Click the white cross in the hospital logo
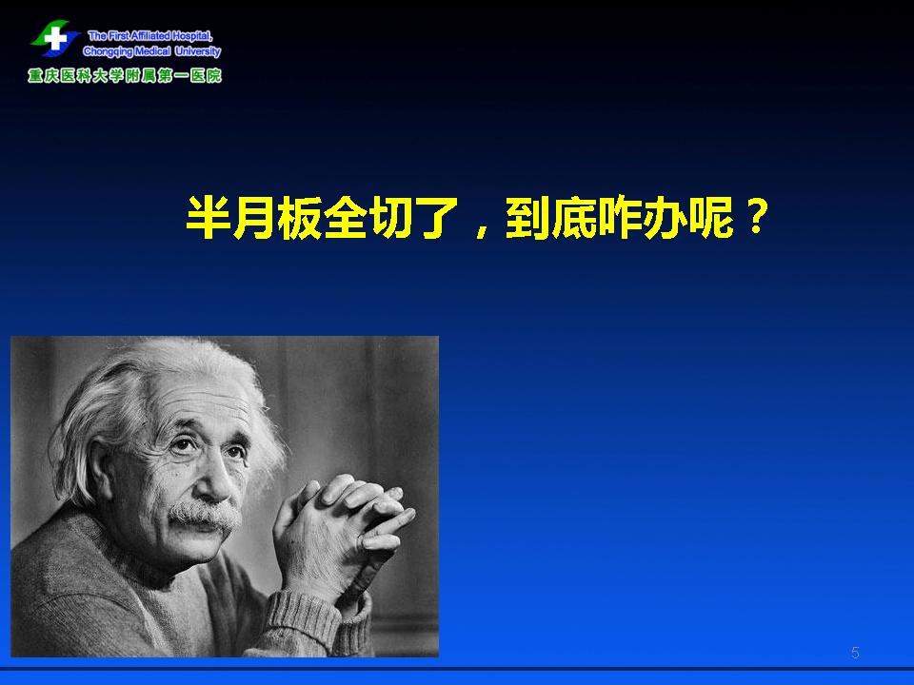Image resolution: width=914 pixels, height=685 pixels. (x=55, y=39)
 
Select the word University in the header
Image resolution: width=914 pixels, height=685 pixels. (x=198, y=51)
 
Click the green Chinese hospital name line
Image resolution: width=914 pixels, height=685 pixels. (x=125, y=76)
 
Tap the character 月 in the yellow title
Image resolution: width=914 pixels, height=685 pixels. (x=253, y=218)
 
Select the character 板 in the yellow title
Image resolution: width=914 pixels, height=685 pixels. (x=299, y=218)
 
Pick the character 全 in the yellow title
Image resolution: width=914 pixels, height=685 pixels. (x=345, y=218)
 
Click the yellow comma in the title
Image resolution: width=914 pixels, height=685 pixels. (x=482, y=230)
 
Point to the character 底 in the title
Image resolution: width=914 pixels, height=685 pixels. (x=573, y=218)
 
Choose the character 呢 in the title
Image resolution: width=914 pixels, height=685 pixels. (x=711, y=218)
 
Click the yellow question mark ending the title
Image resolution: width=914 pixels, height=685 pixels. (x=756, y=216)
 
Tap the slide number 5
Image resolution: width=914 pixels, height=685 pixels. (x=855, y=653)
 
